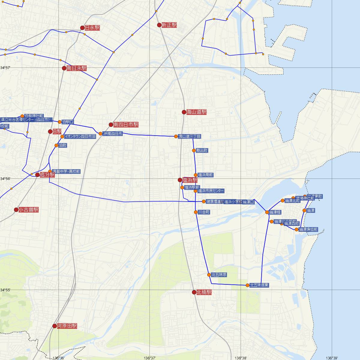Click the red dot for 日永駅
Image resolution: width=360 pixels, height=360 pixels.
coord(82,28)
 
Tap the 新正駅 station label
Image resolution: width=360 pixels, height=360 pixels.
coord(169,25)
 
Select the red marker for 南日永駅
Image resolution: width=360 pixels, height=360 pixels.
coord(64,68)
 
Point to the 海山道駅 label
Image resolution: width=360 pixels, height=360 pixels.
coord(196,112)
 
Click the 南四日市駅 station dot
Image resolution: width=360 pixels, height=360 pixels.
coord(111,124)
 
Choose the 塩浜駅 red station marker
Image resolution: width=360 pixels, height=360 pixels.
coord(180,180)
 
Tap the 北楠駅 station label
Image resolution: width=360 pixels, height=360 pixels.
coord(204,292)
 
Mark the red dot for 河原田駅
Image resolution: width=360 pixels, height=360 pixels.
coord(55,326)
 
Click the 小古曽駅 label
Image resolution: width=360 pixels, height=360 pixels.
coord(28,210)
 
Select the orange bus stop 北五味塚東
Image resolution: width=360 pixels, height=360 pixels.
coord(247,285)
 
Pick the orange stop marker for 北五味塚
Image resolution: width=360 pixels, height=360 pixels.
coord(209,274)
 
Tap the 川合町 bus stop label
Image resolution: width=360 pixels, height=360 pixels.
coord(204,212)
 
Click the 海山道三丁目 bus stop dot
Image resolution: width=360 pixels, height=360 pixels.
coord(176,136)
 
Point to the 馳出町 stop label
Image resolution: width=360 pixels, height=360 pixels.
coord(202,150)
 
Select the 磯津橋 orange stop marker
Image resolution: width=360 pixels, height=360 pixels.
coord(267,212)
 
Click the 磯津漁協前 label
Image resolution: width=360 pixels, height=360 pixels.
coord(308,229)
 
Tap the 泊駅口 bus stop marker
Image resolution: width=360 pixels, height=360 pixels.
coord(59,122)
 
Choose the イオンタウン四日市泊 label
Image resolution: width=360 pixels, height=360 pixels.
coord(80,136)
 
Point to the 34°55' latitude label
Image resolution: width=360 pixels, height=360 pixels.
coord(5,290)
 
